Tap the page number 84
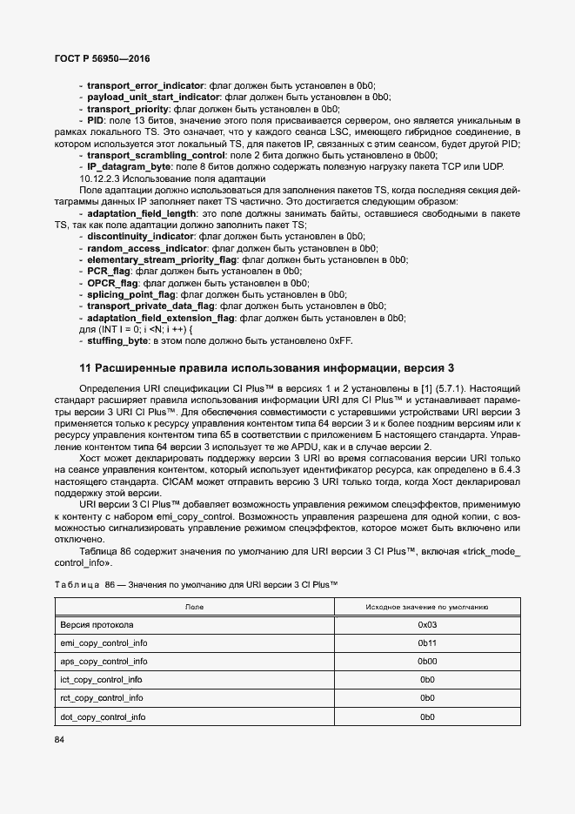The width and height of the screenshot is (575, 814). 60,740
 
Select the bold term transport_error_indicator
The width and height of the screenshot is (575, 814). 144,86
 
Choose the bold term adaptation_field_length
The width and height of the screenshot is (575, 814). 142,212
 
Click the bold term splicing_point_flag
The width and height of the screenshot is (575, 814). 131,295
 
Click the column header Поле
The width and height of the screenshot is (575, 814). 194,606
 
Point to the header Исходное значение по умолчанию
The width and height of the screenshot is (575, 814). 426,606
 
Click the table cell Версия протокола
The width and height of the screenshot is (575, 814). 97,625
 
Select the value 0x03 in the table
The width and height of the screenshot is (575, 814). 426,625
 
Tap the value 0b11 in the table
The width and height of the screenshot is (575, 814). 426,643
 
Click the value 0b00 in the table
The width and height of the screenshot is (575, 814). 426,662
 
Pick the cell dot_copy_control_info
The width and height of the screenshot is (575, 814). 103,716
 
